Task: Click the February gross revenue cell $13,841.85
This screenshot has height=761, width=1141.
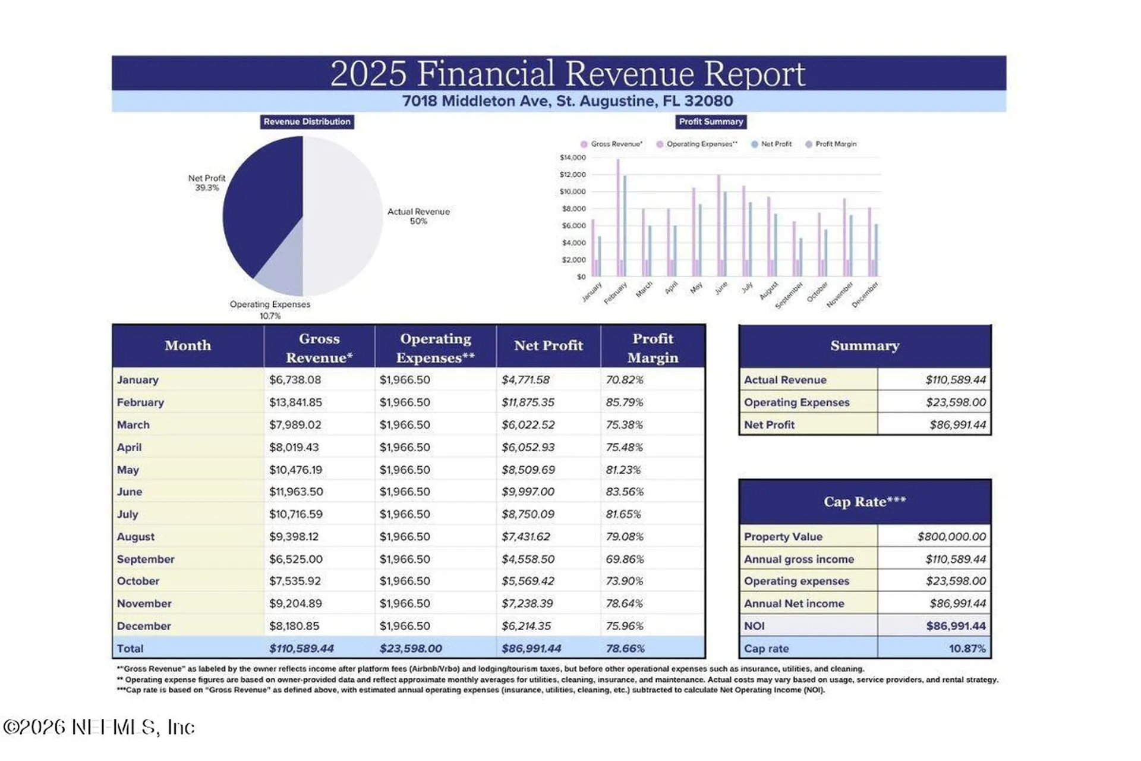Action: click(x=295, y=402)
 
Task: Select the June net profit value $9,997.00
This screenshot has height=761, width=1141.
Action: click(x=528, y=492)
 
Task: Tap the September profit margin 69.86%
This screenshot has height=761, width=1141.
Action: click(x=625, y=559)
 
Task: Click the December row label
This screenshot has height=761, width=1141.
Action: click(x=144, y=626)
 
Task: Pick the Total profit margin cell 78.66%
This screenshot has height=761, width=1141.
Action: click(x=625, y=649)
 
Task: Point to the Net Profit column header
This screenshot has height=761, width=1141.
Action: click(x=549, y=345)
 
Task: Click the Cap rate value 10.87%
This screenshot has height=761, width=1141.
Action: click(x=967, y=649)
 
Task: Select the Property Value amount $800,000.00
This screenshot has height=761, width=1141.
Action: click(x=951, y=537)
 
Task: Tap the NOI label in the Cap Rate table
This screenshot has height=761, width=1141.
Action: click(x=754, y=626)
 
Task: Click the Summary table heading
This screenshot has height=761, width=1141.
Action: click(x=865, y=345)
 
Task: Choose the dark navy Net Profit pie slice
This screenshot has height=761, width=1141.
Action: click(x=261, y=202)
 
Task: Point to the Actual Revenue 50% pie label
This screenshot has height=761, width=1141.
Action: click(x=418, y=216)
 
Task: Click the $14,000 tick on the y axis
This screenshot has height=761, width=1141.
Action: click(x=572, y=158)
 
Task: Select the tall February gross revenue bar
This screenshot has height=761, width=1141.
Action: click(x=618, y=218)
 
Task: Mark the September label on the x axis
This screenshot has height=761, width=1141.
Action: click(x=789, y=295)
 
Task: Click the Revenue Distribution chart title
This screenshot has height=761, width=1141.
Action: click(x=307, y=122)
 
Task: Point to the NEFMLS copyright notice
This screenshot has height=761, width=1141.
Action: click(x=99, y=727)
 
